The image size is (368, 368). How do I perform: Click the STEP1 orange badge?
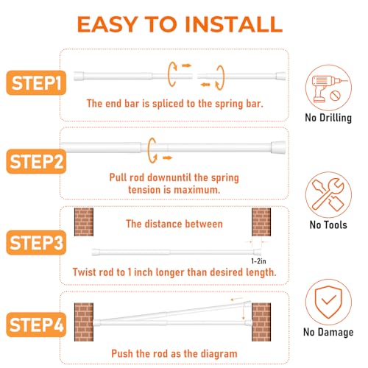tap(36, 82)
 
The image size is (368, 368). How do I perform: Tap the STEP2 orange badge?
tap(36, 161)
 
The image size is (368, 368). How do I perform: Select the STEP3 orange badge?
tap(36, 242)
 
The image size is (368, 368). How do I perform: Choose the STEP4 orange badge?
tap(36, 325)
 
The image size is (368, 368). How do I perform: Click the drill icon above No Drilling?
tap(328, 88)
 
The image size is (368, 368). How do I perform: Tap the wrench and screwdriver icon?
tap(328, 195)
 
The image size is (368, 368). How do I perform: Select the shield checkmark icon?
tap(328, 302)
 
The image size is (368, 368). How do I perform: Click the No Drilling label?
tap(328, 118)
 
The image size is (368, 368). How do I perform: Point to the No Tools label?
tap(328, 224)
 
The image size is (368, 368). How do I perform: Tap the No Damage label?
tap(328, 332)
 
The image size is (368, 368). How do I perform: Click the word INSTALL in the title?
tap(233, 24)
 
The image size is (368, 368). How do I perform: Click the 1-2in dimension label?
tap(258, 261)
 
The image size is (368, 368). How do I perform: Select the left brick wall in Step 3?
tap(84, 222)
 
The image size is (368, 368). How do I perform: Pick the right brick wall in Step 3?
tap(261, 222)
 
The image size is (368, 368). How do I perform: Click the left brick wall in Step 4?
tap(84, 322)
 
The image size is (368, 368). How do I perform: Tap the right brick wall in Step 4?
tap(261, 322)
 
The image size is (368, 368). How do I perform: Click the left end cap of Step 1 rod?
tap(79, 76)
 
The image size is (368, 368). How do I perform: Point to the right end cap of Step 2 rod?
tap(278, 147)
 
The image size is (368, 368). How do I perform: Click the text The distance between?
tap(174, 224)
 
